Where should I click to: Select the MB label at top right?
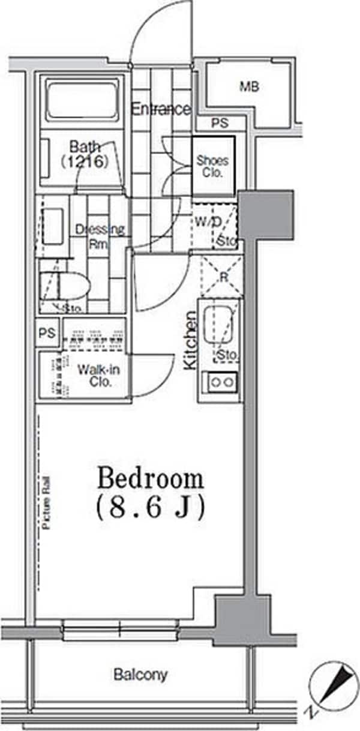click(x=250, y=87)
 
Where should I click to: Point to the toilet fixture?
click(x=65, y=284)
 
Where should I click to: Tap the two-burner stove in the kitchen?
click(x=220, y=382)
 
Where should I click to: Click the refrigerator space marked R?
click(x=222, y=277)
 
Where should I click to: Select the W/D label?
click(x=208, y=221)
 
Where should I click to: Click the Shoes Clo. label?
click(x=212, y=166)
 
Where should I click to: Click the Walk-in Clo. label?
click(x=99, y=376)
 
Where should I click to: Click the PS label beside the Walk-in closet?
click(x=47, y=333)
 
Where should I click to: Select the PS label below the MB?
click(x=220, y=123)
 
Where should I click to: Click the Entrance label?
click(x=161, y=109)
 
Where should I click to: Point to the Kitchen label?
click(x=190, y=341)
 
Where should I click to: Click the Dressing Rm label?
click(x=100, y=236)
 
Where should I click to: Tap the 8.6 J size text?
click(x=151, y=508)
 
